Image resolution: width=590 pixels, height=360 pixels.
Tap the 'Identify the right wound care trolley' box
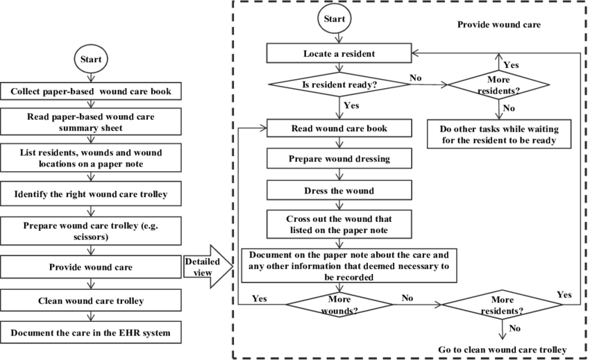click(90, 194)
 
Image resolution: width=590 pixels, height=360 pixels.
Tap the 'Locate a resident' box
click(339, 53)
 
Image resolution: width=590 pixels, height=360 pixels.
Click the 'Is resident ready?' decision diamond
click(339, 84)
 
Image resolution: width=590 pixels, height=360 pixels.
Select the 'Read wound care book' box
click(339, 128)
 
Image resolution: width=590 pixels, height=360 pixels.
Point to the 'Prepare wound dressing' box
click(339, 159)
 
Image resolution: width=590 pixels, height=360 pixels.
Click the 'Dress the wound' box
click(339, 189)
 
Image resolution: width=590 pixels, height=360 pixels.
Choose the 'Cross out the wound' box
click(339, 223)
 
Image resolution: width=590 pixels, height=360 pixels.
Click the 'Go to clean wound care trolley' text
click(502, 349)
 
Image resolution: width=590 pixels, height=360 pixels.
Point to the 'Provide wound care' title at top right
click(498, 24)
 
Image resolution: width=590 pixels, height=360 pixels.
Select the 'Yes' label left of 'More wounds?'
click(260, 298)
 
